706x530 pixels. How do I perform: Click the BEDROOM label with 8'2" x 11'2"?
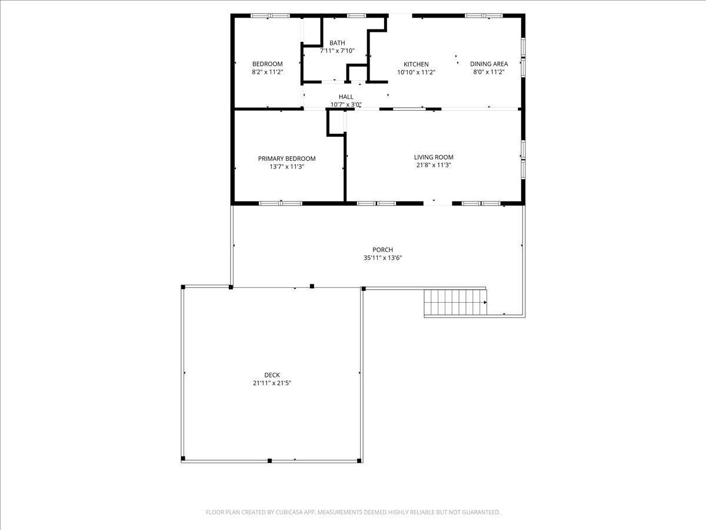[267, 64]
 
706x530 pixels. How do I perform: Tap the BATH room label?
[337, 43]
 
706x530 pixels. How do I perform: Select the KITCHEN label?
[416, 64]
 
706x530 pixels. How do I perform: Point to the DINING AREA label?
[489, 64]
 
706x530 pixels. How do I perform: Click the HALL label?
[346, 97]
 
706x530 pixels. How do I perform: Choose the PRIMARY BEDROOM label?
[287, 158]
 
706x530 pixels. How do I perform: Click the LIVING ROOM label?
[434, 157]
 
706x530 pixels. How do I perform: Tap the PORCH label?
[382, 250]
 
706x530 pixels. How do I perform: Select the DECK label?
[272, 375]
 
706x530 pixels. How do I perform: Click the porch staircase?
[455, 303]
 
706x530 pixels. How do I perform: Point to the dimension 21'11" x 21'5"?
[272, 383]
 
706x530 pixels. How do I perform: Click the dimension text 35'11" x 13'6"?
[383, 258]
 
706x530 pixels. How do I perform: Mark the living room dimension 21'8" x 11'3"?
[434, 165]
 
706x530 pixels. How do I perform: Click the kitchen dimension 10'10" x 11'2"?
[416, 72]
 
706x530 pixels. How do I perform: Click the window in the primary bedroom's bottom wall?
[281, 203]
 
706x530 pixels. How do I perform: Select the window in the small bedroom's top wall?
[270, 15]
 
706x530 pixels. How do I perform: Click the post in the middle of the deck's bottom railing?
[269, 461]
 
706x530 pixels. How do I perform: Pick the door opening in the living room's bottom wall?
[438, 203]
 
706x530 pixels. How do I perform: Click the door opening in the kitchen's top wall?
[400, 15]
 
